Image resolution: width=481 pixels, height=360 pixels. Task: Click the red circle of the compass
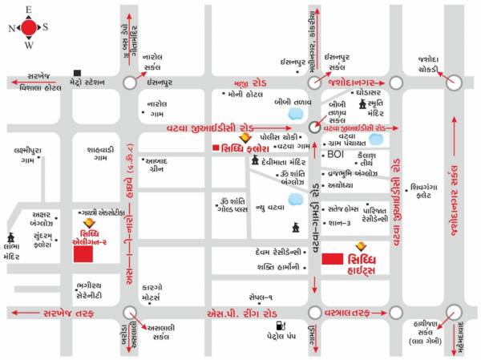29,27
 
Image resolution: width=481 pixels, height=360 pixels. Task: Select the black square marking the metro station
77,71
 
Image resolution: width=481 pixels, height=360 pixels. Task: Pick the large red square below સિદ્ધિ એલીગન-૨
83,254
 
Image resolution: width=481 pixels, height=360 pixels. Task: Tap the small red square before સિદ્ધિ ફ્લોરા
215,148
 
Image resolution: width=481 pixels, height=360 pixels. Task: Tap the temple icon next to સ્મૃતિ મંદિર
362,105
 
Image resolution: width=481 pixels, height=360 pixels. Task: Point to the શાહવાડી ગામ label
101,153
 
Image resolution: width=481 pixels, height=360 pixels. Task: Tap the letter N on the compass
10,28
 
